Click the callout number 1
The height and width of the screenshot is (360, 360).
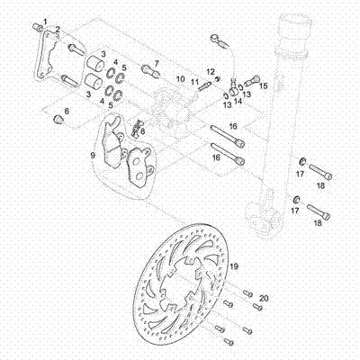point(47,20)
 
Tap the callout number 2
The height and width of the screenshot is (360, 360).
point(58,30)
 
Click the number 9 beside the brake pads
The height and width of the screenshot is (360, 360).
point(92,155)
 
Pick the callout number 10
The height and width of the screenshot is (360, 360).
point(180,80)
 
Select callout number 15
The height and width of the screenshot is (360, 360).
point(264,86)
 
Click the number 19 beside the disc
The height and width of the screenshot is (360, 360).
point(232,267)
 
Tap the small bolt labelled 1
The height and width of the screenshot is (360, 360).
point(38,27)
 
